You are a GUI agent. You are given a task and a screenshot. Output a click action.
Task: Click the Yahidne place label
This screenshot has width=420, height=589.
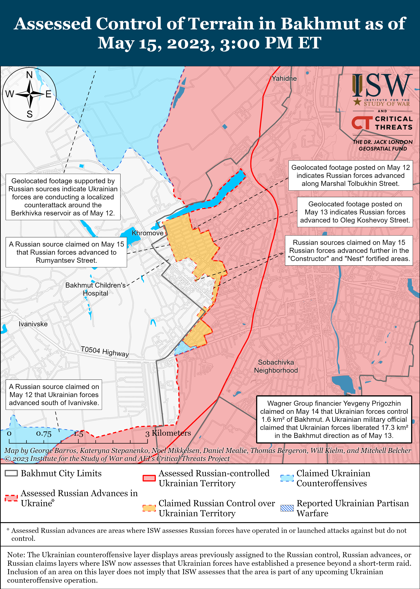click(284, 78)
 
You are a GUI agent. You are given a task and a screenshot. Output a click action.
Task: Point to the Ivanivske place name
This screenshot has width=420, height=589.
click(33, 324)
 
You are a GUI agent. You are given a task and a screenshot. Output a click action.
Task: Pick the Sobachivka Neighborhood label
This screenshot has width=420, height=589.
click(276, 366)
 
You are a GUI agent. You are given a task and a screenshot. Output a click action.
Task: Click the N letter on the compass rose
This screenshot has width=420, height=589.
click(30, 75)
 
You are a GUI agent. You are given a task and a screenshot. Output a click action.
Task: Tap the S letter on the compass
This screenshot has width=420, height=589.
click(30, 114)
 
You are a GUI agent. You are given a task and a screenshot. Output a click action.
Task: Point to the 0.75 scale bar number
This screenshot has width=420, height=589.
click(44, 434)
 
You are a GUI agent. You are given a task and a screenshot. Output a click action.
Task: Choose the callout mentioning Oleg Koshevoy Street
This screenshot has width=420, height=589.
click(355, 212)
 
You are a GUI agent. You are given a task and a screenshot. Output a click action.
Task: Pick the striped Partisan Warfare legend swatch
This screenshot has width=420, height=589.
click(287, 508)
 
